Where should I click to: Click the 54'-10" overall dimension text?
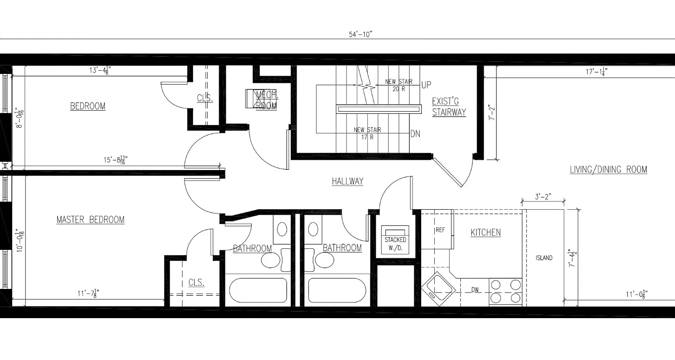click(361, 35)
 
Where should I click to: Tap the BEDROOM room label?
click(88, 106)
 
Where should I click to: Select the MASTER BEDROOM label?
click(90, 220)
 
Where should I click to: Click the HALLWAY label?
click(347, 181)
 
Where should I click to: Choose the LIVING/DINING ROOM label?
click(608, 170)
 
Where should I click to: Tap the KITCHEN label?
click(486, 233)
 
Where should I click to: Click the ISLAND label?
click(544, 258)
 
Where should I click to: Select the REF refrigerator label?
click(440, 230)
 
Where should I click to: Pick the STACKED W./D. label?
click(395, 243)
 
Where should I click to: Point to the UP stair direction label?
click(427, 84)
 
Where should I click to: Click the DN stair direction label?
click(415, 134)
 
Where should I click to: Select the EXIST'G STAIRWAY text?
click(449, 107)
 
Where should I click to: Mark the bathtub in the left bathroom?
click(259, 290)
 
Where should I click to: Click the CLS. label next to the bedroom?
click(205, 98)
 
